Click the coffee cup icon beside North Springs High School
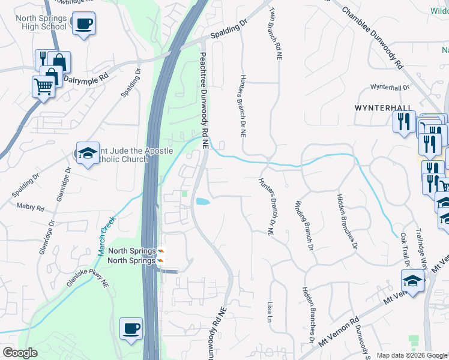click(x=82, y=25)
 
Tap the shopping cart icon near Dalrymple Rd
click(x=43, y=87)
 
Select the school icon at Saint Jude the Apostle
click(x=88, y=153)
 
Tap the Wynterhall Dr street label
click(x=390, y=87)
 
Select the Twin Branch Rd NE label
click(x=275, y=34)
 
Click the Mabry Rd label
click(x=32, y=208)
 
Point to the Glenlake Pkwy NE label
click(x=88, y=283)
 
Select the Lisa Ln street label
click(x=270, y=312)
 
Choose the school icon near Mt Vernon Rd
click(x=412, y=281)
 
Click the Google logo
click(x=20, y=353)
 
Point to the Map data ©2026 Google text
click(x=411, y=355)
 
